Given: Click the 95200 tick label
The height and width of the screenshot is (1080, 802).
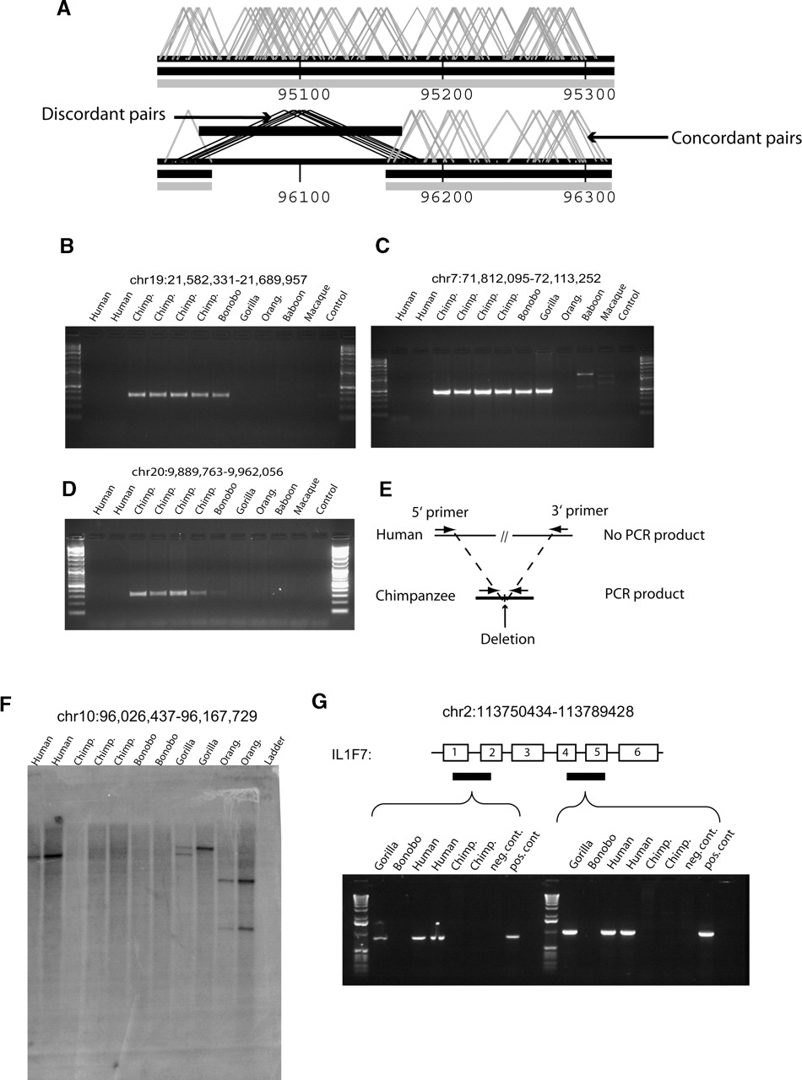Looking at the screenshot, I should [442, 94].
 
